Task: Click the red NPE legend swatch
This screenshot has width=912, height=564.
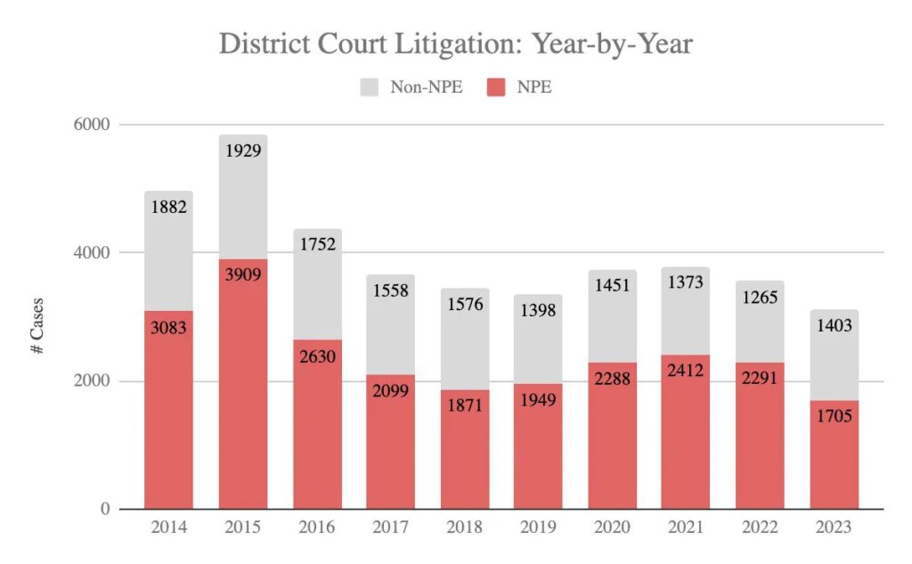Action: tap(495, 87)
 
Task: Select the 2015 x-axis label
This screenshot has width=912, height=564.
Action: tap(242, 527)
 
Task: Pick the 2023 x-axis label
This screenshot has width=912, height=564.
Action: tap(834, 527)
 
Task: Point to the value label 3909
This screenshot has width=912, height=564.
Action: tap(243, 276)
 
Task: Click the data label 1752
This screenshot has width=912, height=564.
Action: tap(317, 245)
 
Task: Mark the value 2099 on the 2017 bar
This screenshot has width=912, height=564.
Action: tap(391, 391)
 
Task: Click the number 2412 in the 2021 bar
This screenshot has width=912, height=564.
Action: tap(687, 371)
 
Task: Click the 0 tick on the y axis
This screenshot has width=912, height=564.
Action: tap(103, 510)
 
